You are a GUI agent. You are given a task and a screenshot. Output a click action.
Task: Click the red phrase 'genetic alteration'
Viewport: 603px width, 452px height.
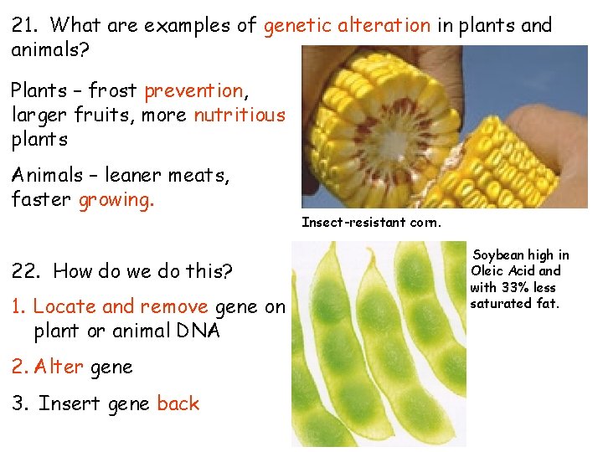tap(347, 25)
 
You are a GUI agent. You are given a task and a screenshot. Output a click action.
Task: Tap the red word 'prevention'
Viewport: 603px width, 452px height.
tap(193, 90)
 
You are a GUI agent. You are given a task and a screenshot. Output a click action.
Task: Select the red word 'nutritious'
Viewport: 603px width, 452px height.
tap(240, 115)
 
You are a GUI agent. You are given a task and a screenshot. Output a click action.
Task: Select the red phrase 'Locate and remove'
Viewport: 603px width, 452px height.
tap(121, 307)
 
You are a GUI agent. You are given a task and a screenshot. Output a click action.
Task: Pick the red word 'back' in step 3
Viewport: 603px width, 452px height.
tap(178, 403)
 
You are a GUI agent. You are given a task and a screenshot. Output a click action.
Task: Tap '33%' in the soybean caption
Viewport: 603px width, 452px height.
tap(518, 287)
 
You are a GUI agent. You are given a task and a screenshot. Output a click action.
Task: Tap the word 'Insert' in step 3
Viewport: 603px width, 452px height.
tap(70, 403)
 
